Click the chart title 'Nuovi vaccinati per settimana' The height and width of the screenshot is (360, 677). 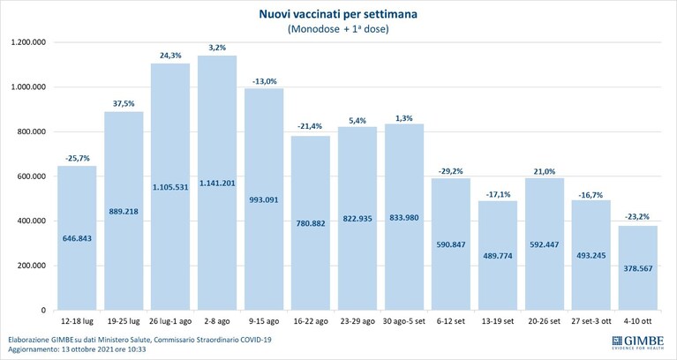click(x=338, y=14)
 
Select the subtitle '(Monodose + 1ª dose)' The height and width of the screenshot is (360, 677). click(x=338, y=29)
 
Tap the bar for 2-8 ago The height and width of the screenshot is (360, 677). click(x=217, y=183)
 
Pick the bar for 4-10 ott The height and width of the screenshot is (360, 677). click(x=637, y=267)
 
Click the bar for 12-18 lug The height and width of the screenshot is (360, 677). click(x=77, y=238)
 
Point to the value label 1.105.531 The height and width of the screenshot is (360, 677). click(x=170, y=187)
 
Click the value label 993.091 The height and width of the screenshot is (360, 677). click(x=264, y=200)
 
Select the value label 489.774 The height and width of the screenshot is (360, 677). click(x=498, y=256)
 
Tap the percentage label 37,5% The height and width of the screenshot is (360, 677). click(x=124, y=103)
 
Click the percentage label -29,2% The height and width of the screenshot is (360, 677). click(x=451, y=171)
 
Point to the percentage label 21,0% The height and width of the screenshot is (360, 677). click(x=545, y=171)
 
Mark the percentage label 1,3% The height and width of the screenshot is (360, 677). click(x=404, y=118)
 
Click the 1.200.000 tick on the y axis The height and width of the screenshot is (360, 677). click(x=30, y=42)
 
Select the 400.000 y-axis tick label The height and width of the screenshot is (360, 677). click(x=33, y=221)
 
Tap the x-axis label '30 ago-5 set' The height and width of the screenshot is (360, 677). click(x=404, y=321)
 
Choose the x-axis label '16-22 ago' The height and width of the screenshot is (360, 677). click(x=311, y=321)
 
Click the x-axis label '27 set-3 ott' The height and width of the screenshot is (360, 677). click(x=591, y=321)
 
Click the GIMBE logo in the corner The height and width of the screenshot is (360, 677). click(x=637, y=342)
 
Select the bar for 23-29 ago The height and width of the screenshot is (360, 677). click(x=357, y=219)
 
